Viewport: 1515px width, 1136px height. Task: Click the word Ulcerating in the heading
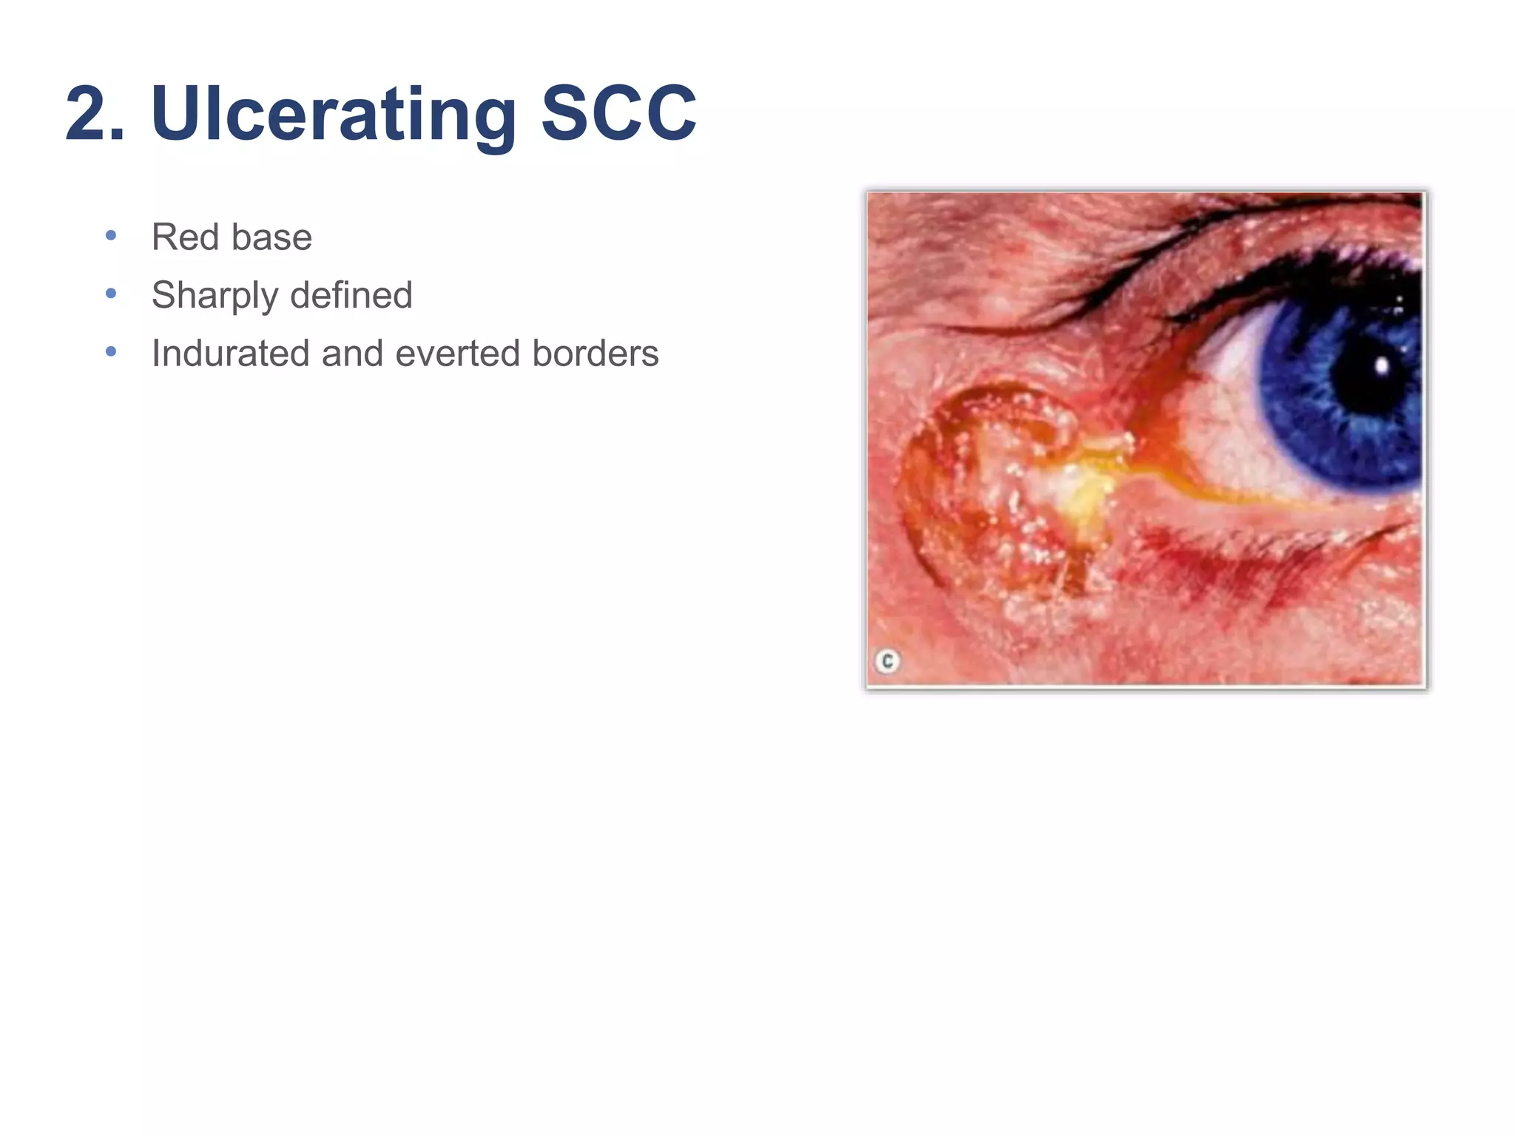click(x=333, y=115)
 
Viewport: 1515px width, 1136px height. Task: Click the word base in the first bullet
click(x=271, y=237)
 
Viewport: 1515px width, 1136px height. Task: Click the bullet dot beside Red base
click(x=111, y=236)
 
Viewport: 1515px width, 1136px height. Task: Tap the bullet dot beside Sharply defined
click(x=111, y=294)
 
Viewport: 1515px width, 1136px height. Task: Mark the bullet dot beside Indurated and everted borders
click(x=111, y=352)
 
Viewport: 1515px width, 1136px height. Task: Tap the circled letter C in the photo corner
click(x=887, y=660)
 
